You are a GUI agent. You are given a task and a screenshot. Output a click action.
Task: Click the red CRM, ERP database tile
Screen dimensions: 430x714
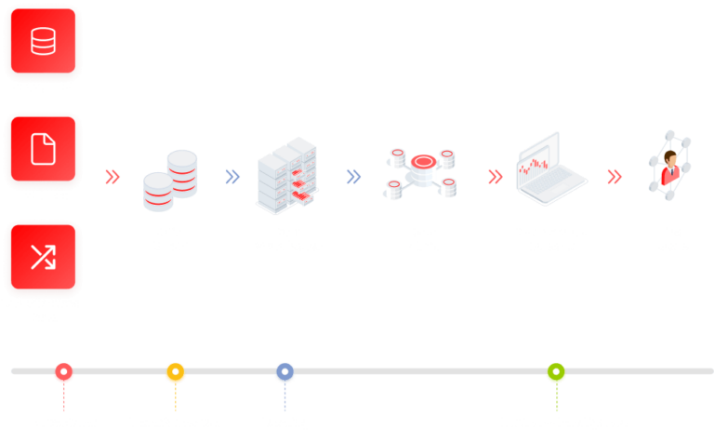click(43, 41)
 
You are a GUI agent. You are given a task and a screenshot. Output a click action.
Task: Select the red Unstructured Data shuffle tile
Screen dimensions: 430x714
click(43, 257)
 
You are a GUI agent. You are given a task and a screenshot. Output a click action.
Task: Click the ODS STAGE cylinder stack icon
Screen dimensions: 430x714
click(171, 180)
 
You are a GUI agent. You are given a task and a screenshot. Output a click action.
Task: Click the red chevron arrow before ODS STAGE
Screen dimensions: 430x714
click(112, 176)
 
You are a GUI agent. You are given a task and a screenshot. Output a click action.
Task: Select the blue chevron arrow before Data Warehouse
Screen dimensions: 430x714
click(232, 176)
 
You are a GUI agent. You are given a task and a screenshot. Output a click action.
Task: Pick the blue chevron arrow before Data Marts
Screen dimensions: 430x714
click(353, 176)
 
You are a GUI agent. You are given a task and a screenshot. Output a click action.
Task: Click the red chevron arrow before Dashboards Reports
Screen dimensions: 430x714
click(496, 176)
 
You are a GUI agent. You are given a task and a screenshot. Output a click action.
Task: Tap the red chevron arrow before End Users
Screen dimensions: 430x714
click(615, 176)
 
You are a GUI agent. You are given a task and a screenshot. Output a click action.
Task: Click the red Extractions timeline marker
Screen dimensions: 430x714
click(63, 373)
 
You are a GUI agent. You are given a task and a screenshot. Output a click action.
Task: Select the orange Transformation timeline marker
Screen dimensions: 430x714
click(175, 373)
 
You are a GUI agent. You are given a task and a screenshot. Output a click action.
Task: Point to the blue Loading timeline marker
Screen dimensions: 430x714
click(284, 373)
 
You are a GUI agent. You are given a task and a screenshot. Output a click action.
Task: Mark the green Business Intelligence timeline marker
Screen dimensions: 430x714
click(556, 373)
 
